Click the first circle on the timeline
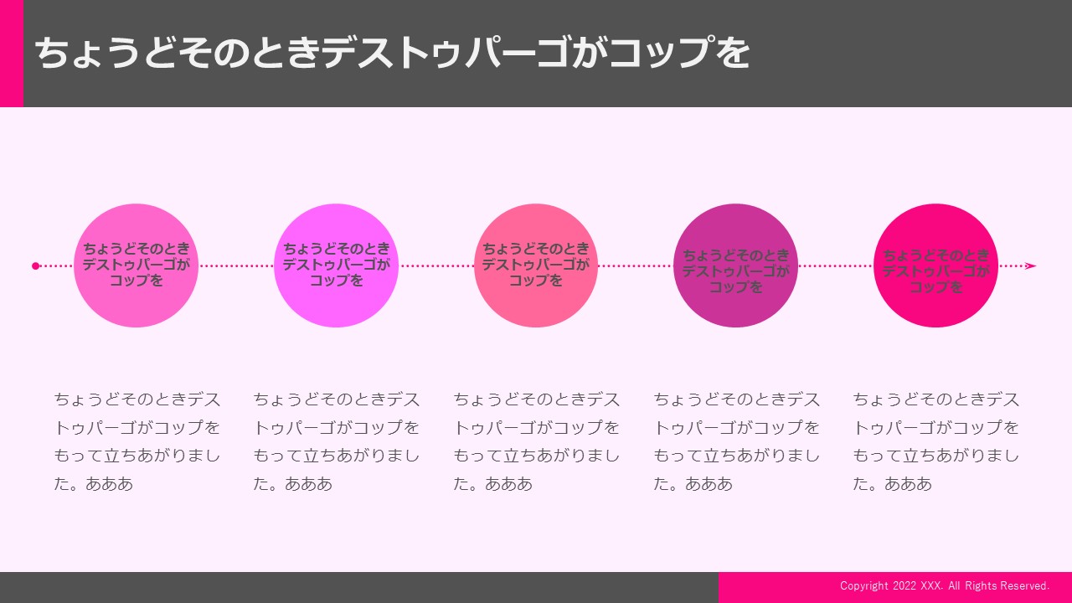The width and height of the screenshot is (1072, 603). [136, 265]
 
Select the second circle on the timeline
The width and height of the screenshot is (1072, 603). [336, 265]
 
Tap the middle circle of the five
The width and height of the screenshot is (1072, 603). [536, 265]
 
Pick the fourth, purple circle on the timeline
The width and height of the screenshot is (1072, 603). [735, 265]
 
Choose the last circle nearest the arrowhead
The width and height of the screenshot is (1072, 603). [935, 265]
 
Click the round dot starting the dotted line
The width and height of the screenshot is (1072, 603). [35, 265]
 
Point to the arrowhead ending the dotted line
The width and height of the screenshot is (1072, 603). [1031, 265]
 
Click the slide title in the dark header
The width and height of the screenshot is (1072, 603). [392, 53]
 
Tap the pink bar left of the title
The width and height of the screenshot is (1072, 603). [12, 53]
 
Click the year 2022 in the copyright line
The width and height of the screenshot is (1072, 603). [904, 585]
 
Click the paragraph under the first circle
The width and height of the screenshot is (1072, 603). [137, 441]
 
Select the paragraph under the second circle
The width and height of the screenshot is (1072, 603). [337, 441]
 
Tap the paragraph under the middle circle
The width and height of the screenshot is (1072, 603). [537, 441]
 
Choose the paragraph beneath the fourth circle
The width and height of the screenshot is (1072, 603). [736, 441]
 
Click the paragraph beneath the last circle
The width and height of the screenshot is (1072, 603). [936, 441]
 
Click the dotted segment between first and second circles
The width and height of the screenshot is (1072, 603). [236, 265]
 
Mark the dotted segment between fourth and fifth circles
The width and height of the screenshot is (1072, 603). [836, 265]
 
